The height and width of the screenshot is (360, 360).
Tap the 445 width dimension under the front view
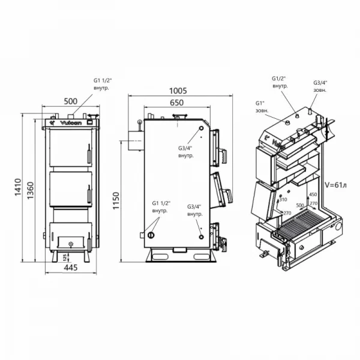point(70,267)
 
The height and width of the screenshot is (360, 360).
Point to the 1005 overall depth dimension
point(178,91)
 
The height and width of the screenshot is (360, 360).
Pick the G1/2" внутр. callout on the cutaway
point(280,82)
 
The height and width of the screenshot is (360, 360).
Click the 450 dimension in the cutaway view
point(312,194)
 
